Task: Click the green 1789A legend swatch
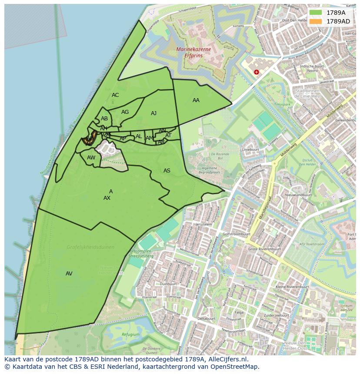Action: coord(316,13)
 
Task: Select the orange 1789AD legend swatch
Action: coord(316,21)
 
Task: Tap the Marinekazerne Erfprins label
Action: coord(193,52)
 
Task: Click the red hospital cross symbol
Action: coord(257,72)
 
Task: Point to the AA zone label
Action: coord(196,100)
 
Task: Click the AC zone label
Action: coord(115,95)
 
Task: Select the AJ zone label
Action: coord(153,113)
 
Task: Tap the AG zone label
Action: coord(125,112)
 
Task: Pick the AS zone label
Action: coord(167,171)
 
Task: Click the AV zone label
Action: coord(69,274)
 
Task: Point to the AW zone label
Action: coord(91,158)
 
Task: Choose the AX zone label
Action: coord(107,198)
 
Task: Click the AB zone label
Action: coord(104,119)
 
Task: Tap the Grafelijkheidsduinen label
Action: coord(90,247)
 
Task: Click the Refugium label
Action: coord(130,334)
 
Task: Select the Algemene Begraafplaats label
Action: coord(210,170)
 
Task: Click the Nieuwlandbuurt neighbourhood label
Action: coord(298,195)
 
